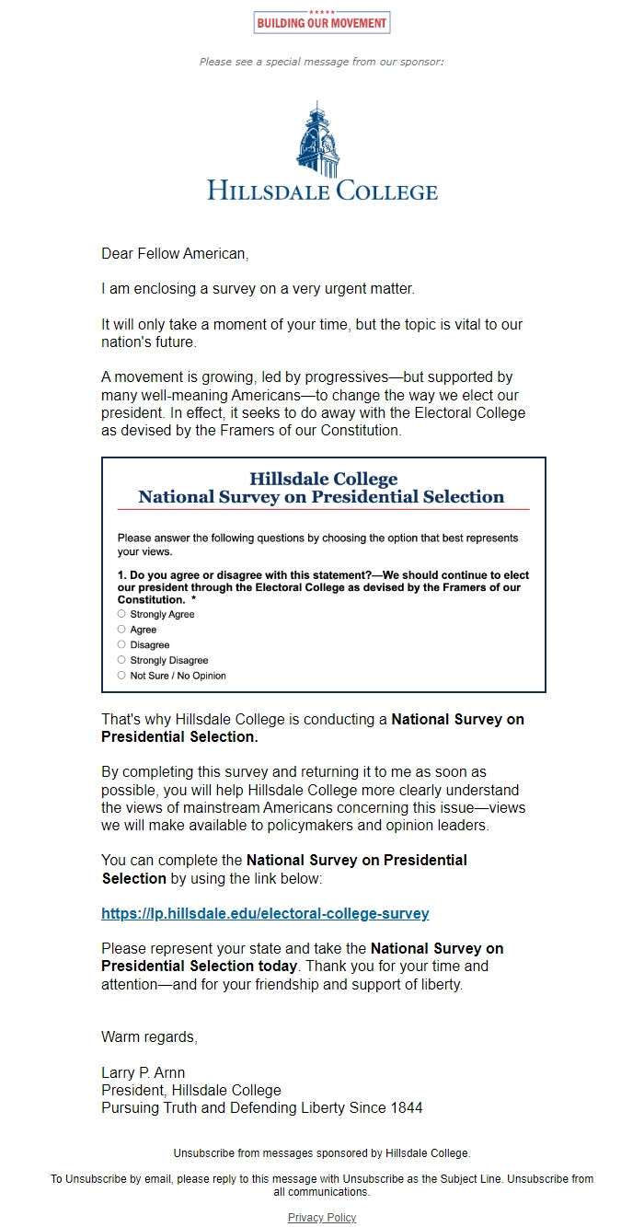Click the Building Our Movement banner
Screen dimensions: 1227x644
322,22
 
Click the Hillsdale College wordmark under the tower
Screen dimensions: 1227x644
322,191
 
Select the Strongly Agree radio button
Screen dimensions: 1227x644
121,614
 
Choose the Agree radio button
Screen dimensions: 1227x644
121,630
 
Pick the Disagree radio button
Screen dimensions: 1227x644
121,644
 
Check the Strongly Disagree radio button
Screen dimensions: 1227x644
121,660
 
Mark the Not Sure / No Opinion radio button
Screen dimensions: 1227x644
121,676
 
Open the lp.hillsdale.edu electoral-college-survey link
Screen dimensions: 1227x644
265,914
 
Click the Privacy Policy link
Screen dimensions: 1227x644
322,1218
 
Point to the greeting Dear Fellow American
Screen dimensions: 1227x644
175,253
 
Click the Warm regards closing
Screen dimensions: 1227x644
149,1037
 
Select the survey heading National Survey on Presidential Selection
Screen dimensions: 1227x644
321,497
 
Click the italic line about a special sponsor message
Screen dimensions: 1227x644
322,62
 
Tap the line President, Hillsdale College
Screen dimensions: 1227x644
191,1091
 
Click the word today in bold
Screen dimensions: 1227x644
276,967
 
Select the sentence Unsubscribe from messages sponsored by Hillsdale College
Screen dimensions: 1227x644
322,1152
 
